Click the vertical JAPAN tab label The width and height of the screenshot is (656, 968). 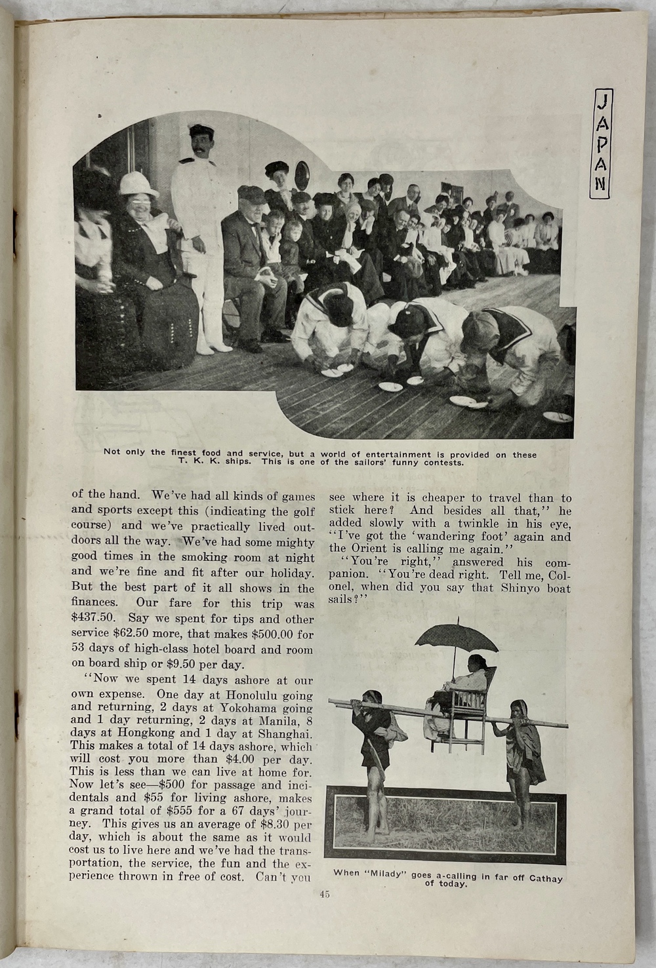point(601,144)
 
